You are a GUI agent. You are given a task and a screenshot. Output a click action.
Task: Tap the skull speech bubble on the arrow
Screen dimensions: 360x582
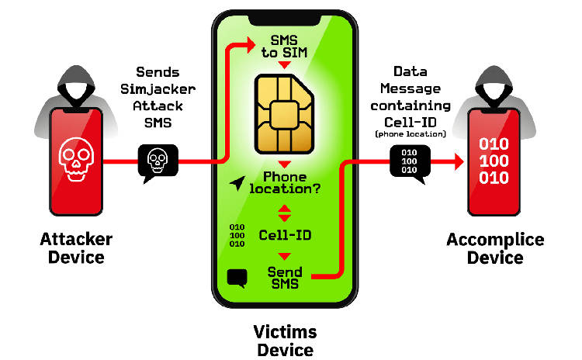(157, 161)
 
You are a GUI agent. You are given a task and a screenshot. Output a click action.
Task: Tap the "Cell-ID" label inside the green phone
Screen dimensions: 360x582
(286, 234)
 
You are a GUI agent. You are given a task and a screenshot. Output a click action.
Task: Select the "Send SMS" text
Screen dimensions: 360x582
(285, 277)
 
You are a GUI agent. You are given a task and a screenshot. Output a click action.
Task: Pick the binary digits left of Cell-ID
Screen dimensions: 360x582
(237, 234)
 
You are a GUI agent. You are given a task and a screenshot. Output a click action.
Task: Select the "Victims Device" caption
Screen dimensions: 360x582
(285, 341)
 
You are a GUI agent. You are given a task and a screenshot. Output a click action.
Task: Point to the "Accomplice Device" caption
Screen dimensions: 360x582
(495, 247)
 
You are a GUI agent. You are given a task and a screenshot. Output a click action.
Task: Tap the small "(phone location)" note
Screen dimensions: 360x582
(410, 134)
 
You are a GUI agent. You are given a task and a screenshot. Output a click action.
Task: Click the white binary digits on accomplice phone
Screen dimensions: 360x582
(494, 162)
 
